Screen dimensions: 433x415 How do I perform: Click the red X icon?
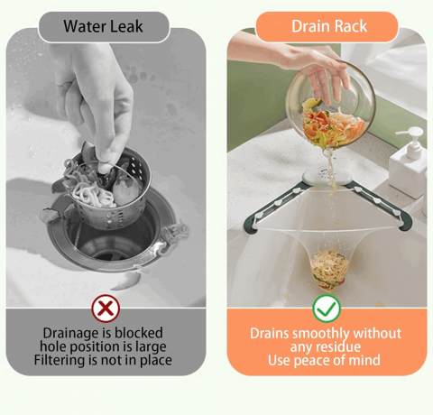point(106,309)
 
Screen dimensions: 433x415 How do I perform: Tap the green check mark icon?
point(327,309)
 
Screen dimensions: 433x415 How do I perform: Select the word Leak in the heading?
point(126,26)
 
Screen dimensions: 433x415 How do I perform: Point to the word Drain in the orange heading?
point(310,26)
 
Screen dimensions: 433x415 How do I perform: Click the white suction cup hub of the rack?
point(327,178)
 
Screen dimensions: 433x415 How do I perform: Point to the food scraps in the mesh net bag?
point(330,270)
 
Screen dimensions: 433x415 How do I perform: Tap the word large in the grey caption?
point(151,346)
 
